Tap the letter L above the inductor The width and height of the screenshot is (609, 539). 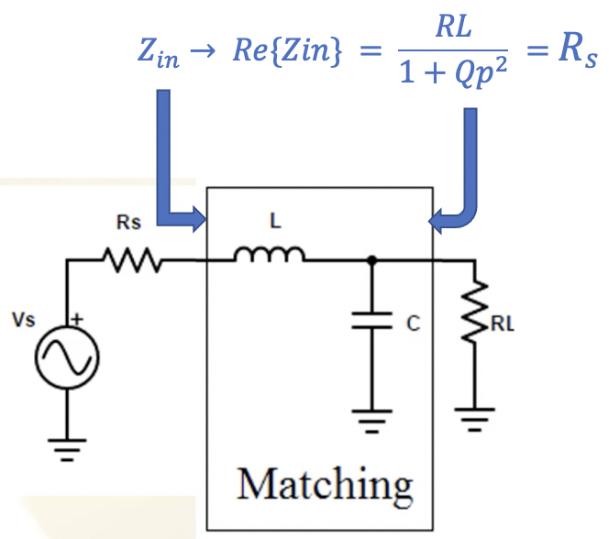tap(274, 222)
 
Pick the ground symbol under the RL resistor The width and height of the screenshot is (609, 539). tap(474, 421)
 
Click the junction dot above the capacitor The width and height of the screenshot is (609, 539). tap(371, 262)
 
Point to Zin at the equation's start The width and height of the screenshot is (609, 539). tap(161, 55)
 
